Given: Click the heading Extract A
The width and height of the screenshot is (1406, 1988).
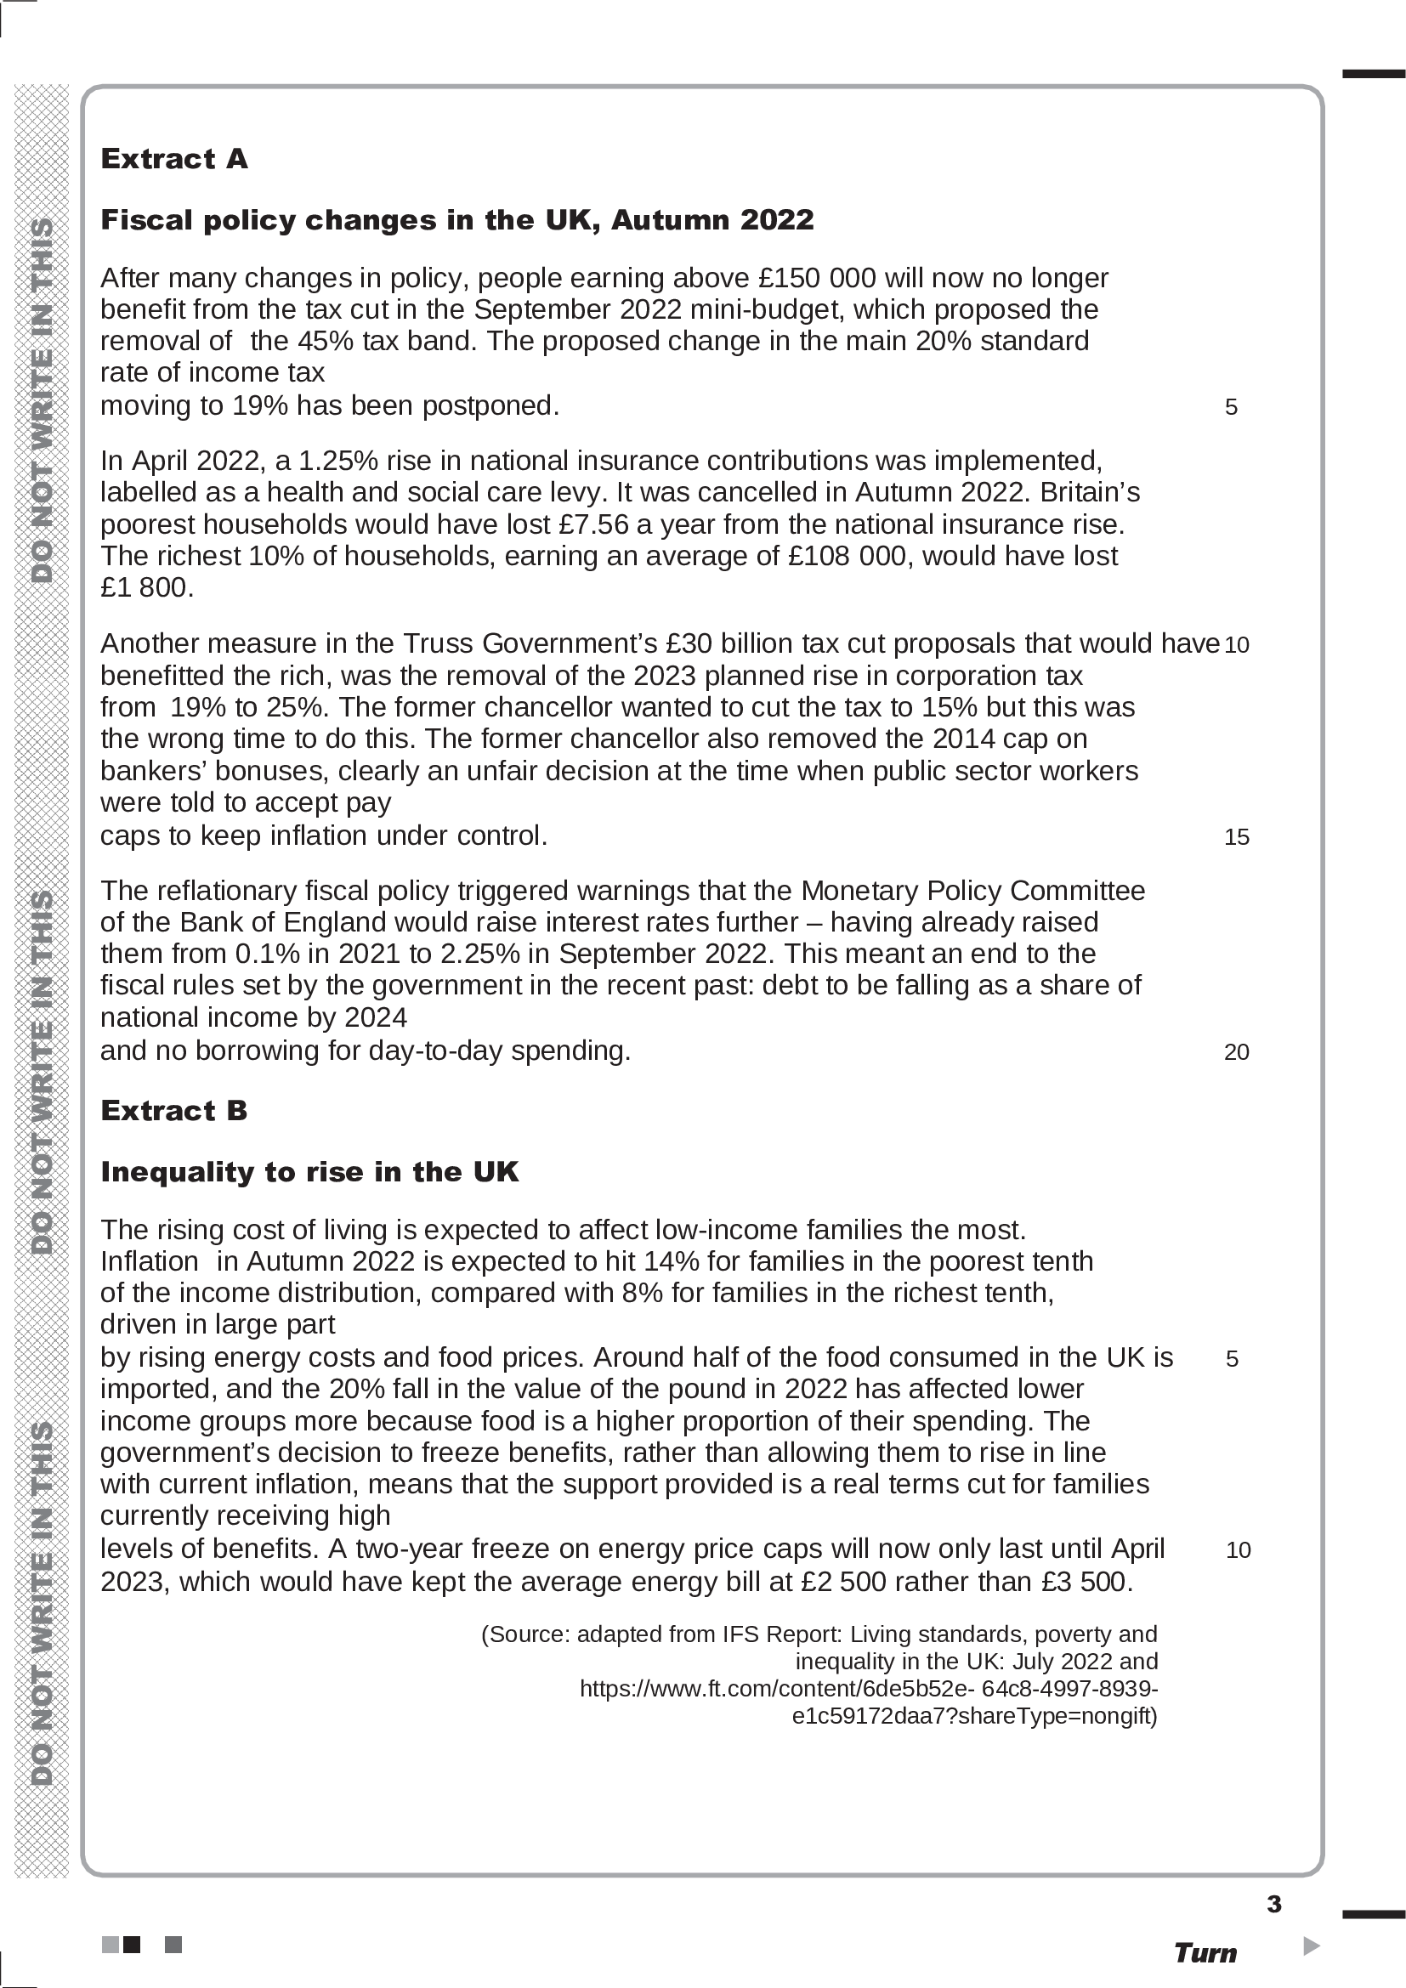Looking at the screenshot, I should coord(174,158).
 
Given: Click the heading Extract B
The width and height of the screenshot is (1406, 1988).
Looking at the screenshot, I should coord(174,1110).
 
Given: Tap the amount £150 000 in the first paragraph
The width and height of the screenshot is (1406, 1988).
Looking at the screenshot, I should coord(816,278).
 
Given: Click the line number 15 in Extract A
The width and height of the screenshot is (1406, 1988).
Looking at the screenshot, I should coord(1236,837).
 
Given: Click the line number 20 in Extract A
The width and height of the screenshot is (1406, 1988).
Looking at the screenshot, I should coord(1236,1052).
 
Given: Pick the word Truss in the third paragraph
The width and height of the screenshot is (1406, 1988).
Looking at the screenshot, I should coord(438,643).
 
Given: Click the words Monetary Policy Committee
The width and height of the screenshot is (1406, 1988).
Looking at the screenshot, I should coord(972,891).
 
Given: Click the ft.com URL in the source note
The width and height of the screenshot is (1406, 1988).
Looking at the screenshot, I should coord(869,1689).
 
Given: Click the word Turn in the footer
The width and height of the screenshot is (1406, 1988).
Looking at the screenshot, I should coord(1205,1953).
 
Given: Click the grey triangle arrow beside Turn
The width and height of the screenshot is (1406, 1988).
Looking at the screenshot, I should coord(1311,1946).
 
